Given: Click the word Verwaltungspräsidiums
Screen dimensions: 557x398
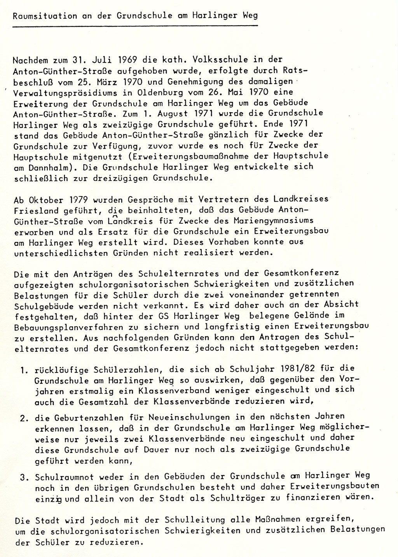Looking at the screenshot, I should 61,94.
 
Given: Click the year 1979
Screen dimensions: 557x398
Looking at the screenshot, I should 75,200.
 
